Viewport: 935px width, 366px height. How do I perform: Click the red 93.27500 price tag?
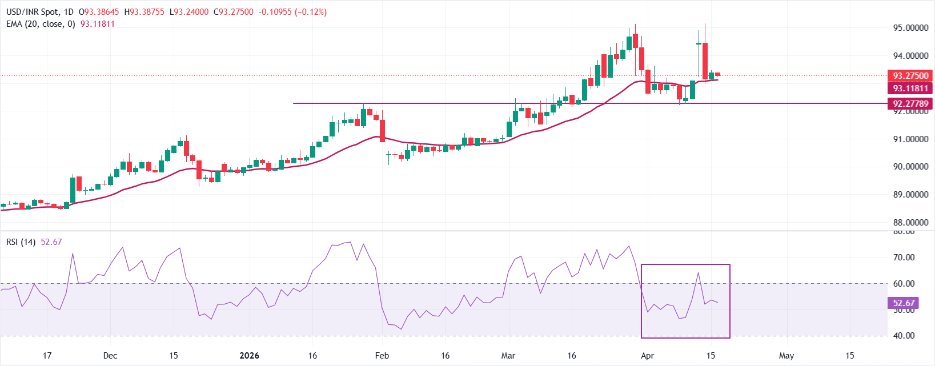tap(910, 75)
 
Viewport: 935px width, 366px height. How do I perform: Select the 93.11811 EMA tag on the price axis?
tap(910, 89)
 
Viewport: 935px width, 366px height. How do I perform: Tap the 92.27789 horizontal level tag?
tap(910, 103)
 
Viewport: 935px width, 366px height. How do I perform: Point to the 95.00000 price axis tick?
tap(910, 27)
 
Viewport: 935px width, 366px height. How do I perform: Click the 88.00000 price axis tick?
tap(910, 223)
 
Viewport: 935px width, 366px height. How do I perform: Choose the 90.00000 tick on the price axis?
tap(910, 167)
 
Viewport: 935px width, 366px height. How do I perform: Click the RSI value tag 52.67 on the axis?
tap(904, 303)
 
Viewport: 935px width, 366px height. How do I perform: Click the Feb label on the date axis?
tap(382, 356)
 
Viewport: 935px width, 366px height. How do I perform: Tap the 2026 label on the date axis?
tap(249, 356)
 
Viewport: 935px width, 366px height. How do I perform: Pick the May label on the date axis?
tap(786, 356)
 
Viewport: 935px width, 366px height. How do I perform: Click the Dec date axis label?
tap(110, 356)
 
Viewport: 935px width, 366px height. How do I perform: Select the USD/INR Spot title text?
tap(32, 12)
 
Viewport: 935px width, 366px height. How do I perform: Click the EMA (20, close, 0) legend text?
tap(41, 24)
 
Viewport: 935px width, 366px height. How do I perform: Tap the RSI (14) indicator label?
tap(21, 242)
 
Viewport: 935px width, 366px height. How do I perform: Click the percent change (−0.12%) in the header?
tap(311, 12)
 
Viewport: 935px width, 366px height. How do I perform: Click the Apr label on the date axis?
tap(647, 356)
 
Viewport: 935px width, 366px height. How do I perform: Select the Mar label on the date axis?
tap(508, 356)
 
